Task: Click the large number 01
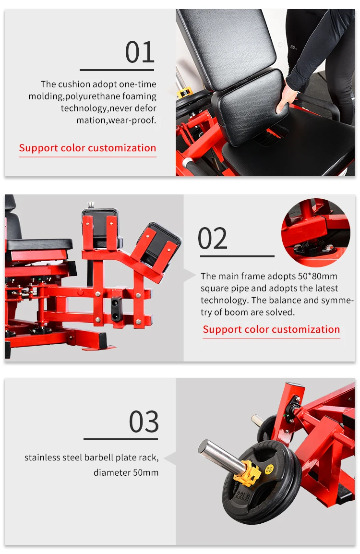(x=140, y=52)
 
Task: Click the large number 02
(x=213, y=238)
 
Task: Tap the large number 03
(x=144, y=422)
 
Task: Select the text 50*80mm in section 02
(x=318, y=276)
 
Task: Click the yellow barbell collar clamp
(x=248, y=472)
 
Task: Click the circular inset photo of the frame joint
(x=315, y=232)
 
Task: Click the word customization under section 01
(x=120, y=148)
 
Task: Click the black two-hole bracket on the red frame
(x=116, y=309)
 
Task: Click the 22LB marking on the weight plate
(x=242, y=496)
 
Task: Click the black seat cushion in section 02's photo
(x=39, y=244)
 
